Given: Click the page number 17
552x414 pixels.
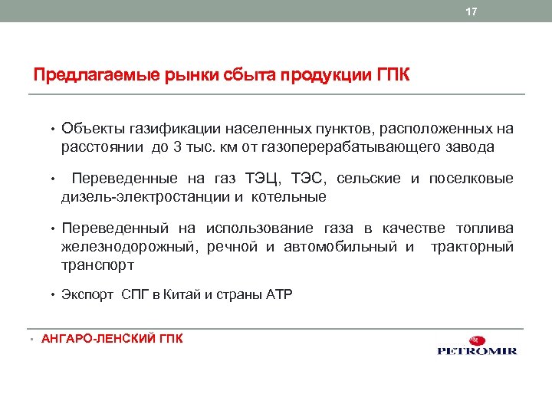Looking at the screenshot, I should pyautogui.click(x=472, y=11).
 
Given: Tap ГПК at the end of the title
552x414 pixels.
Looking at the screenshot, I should pyautogui.click(x=394, y=76).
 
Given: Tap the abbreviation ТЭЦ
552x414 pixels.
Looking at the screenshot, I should pyautogui.click(x=263, y=179).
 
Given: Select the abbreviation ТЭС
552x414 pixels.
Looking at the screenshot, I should pyautogui.click(x=311, y=179).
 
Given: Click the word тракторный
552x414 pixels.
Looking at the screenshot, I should pyautogui.click(x=473, y=247).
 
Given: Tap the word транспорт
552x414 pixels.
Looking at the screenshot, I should pyautogui.click(x=97, y=265).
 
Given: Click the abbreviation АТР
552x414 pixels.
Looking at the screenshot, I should pyautogui.click(x=279, y=294).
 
